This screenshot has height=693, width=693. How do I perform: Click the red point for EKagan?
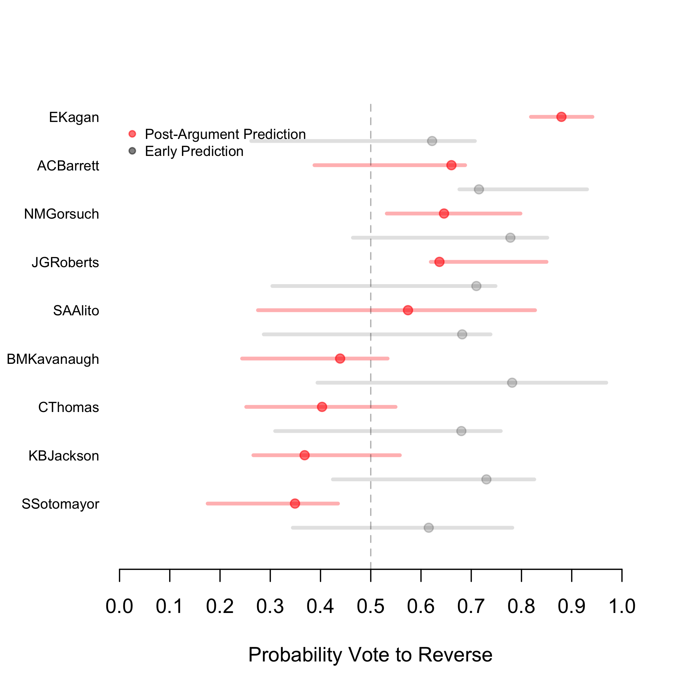pyautogui.click(x=561, y=117)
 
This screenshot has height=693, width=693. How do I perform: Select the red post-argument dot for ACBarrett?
pyautogui.click(x=451, y=165)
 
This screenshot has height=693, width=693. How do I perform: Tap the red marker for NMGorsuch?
pyautogui.click(x=444, y=213)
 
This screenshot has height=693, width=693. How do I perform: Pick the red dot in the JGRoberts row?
pyautogui.click(x=439, y=262)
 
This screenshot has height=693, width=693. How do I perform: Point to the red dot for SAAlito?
pyautogui.click(x=408, y=310)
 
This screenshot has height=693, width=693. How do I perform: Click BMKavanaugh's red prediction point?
pyautogui.click(x=340, y=358)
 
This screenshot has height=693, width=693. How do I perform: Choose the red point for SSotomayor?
pyautogui.click(x=295, y=503)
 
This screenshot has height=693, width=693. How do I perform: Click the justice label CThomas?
pyautogui.click(x=69, y=407)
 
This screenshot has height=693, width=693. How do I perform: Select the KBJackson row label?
pyautogui.click(x=63, y=456)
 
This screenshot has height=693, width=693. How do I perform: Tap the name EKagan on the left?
pyautogui.click(x=74, y=117)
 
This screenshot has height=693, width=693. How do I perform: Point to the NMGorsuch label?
pyautogui.click(x=61, y=214)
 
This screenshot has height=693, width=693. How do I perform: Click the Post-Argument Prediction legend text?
pyautogui.click(x=225, y=134)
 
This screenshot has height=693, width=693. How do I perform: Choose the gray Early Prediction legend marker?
pyautogui.click(x=132, y=151)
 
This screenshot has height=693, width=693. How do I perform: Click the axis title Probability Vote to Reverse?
pyautogui.click(x=370, y=655)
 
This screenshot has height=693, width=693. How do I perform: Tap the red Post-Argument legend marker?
pyautogui.click(x=132, y=134)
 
